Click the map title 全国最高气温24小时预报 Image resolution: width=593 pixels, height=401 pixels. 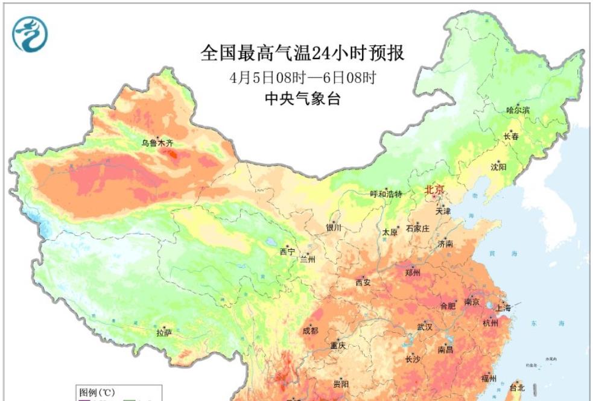(302, 54)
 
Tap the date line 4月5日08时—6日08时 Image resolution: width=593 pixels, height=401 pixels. (303, 78)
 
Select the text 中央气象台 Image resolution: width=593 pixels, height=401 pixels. (303, 99)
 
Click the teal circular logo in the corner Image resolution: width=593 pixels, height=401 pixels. (30, 34)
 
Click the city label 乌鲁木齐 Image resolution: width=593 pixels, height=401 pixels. (157, 144)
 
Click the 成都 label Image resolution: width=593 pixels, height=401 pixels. (310, 330)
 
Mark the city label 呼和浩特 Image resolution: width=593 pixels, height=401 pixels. (385, 194)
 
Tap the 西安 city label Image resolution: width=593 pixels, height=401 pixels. (363, 282)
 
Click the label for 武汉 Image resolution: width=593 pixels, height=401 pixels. (425, 327)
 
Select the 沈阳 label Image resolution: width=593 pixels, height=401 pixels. (499, 166)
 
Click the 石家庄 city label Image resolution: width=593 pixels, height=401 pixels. (417, 228)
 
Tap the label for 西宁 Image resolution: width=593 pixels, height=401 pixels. (287, 252)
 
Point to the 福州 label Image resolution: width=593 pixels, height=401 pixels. (489, 379)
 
